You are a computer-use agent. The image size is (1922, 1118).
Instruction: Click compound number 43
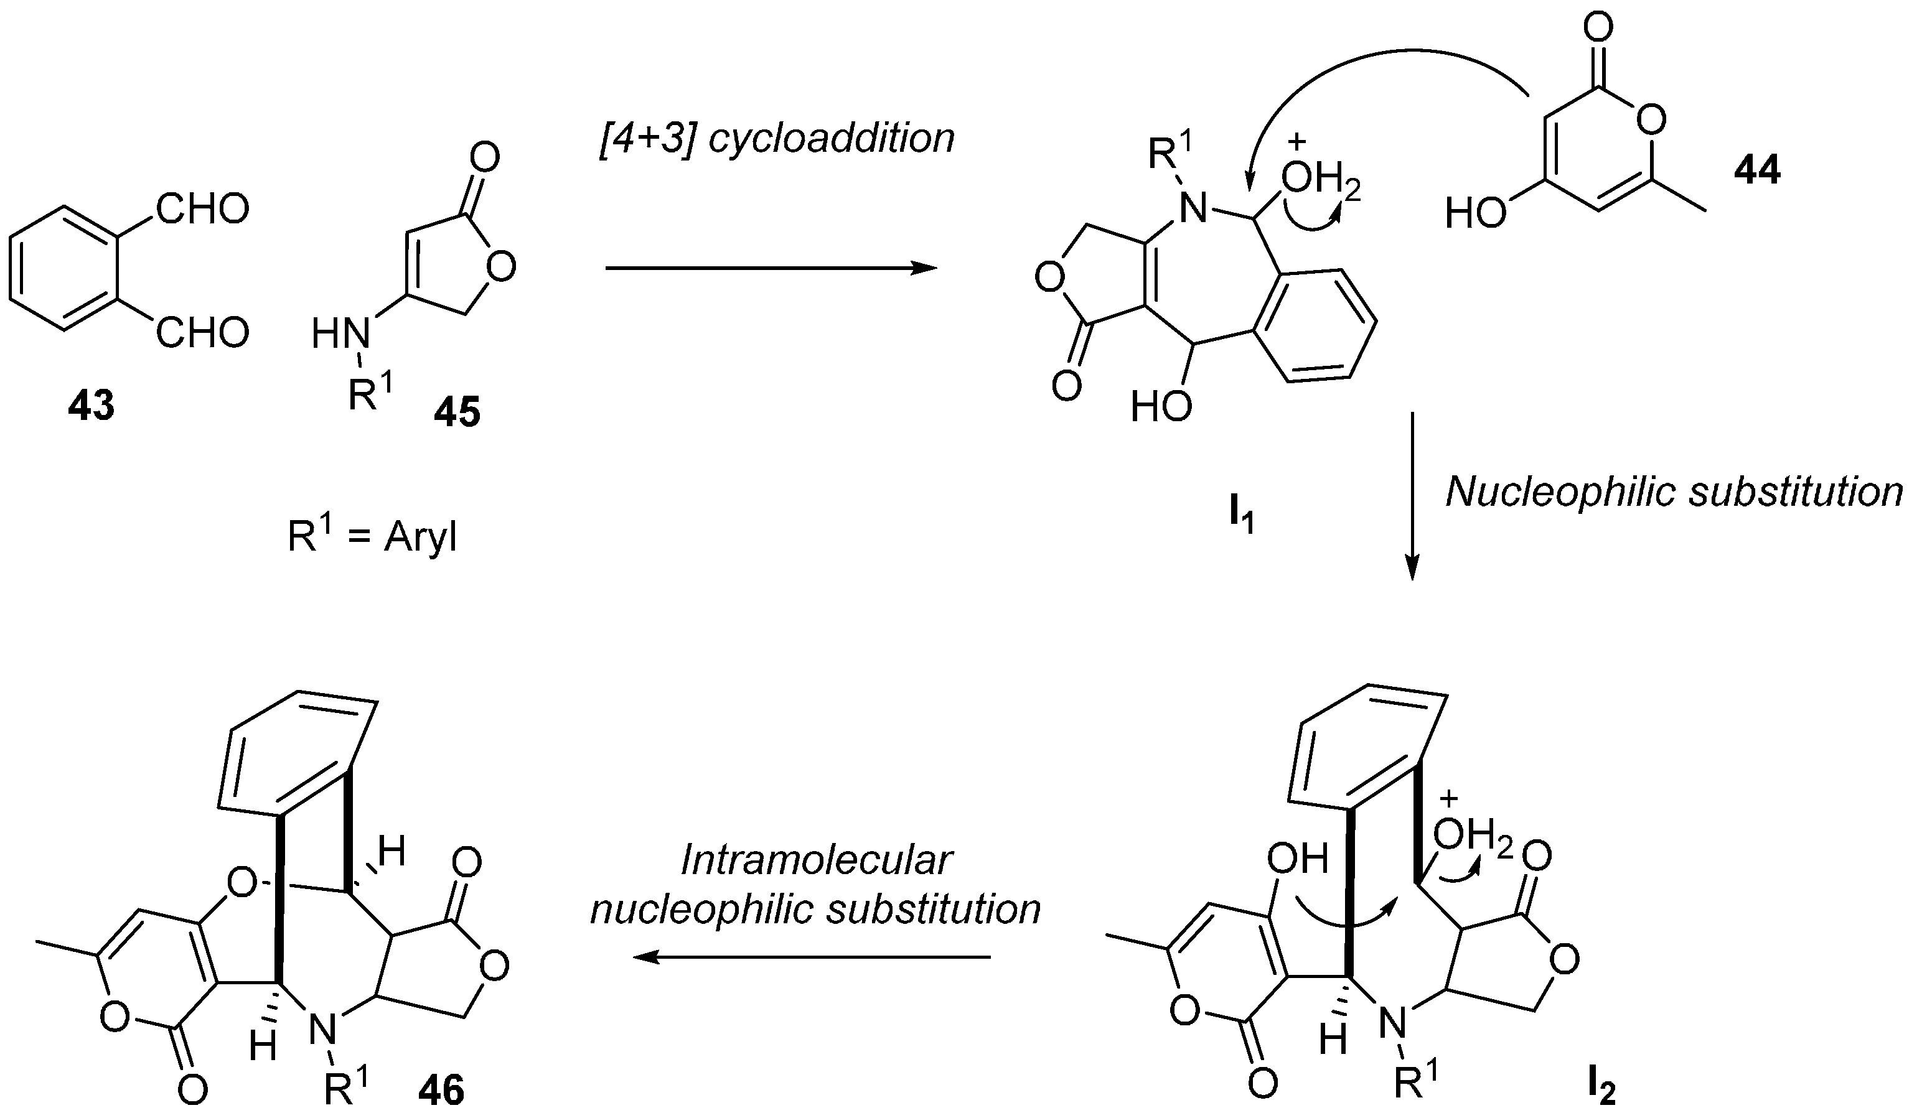click(91, 405)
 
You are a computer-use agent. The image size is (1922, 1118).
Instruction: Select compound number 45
click(457, 412)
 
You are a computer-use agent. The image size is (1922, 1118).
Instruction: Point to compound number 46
click(441, 1089)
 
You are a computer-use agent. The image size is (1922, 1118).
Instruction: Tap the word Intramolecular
click(815, 859)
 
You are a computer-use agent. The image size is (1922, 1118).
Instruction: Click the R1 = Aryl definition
click(372, 537)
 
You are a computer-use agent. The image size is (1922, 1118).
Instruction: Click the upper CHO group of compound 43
click(202, 209)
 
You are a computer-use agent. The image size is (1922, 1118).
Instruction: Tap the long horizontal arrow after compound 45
click(771, 268)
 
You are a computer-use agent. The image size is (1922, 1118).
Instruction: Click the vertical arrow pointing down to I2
click(1412, 496)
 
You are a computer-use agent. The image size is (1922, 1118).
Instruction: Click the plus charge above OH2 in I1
click(1296, 142)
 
